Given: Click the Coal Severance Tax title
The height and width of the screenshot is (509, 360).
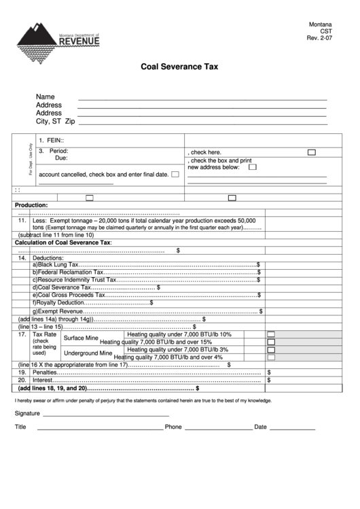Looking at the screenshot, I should point(179,67).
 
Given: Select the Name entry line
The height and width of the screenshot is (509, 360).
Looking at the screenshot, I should point(202,99).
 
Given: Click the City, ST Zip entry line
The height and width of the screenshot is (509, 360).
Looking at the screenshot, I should point(202,123).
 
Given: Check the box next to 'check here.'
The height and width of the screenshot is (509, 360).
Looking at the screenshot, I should point(312,153).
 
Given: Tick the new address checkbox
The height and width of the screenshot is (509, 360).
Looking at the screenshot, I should point(253,166).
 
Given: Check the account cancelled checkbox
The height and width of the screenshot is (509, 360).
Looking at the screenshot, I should point(175,175).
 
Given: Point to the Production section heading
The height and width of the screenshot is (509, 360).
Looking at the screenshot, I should point(31,205).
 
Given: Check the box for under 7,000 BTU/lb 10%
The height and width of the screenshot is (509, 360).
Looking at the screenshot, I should point(270,334).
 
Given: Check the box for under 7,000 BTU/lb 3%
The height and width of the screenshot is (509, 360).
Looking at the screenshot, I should point(270,349).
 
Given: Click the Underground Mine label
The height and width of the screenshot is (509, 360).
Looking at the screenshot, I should point(88,353).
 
